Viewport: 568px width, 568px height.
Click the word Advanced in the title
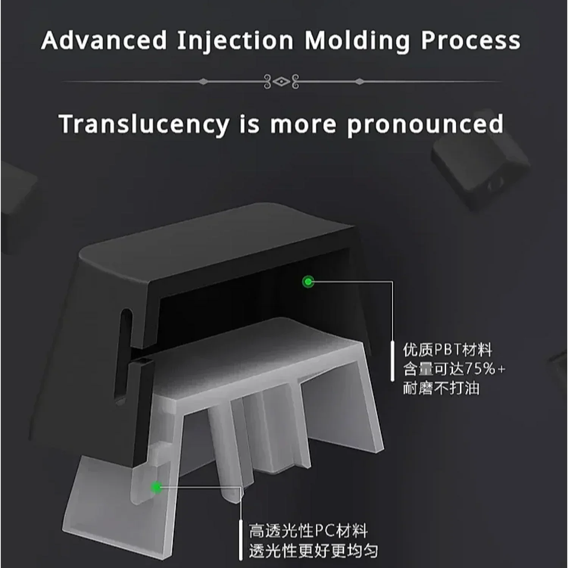(x=104, y=40)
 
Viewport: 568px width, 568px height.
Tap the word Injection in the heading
(x=235, y=41)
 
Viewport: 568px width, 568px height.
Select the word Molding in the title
(x=357, y=41)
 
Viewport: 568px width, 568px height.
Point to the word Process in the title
(x=471, y=40)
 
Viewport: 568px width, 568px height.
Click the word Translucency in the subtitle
(x=144, y=124)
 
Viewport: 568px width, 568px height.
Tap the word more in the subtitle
(x=303, y=124)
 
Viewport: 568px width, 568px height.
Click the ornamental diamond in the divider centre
(x=281, y=81)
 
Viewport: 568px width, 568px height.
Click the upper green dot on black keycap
(x=308, y=281)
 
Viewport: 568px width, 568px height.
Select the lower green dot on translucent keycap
(x=156, y=487)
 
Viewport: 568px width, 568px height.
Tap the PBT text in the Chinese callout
(x=447, y=350)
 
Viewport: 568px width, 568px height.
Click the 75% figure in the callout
(x=480, y=368)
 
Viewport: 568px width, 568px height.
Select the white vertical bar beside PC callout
(x=240, y=540)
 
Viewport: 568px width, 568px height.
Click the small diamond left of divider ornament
(x=203, y=81)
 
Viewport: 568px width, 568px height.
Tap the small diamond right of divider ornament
(x=360, y=81)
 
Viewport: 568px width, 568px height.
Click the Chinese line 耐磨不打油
(x=441, y=388)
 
